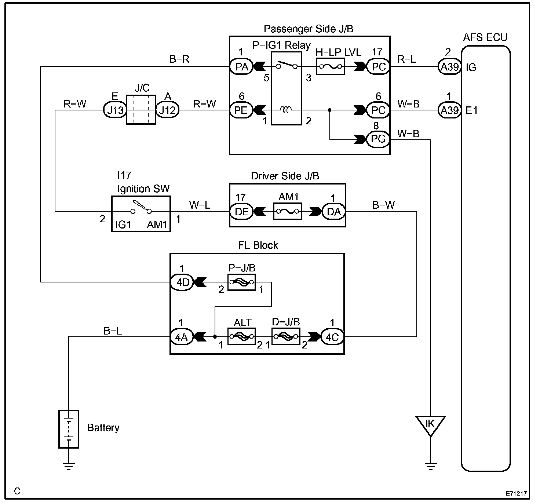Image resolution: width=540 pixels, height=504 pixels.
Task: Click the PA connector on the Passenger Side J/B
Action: coord(241,67)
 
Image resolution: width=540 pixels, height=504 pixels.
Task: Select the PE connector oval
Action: coord(241,110)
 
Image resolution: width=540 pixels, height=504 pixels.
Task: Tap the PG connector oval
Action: coord(378,139)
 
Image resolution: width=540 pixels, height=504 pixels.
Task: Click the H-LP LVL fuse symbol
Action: coord(331,66)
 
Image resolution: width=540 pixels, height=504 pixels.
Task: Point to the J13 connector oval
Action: coord(115,110)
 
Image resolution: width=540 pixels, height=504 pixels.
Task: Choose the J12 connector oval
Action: coord(167,110)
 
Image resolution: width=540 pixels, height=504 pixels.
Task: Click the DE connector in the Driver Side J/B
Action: coord(241,211)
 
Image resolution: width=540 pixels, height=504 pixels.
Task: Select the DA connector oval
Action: coord(333,211)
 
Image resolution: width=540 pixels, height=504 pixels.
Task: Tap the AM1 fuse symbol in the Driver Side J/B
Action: coord(287,211)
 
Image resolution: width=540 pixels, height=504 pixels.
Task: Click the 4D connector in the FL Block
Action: coord(182,282)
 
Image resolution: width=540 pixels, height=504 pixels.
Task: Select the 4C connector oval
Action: coord(332,337)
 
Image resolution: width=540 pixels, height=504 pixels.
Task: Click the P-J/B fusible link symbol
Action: coord(242,282)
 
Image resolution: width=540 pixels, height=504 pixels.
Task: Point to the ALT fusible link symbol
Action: coord(242,337)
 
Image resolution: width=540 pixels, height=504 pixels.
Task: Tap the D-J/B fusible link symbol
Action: coord(286,337)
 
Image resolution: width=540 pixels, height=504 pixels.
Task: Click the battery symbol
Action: coord(69,429)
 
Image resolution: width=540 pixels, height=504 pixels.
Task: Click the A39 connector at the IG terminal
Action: coord(450,67)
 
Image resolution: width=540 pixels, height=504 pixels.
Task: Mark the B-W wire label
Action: coord(383,205)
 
